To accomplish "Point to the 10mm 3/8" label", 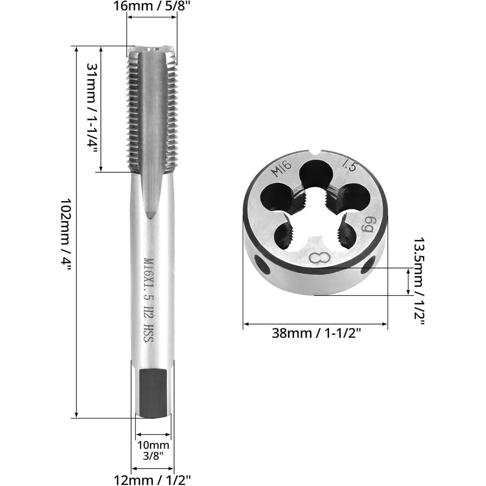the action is (153, 450).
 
